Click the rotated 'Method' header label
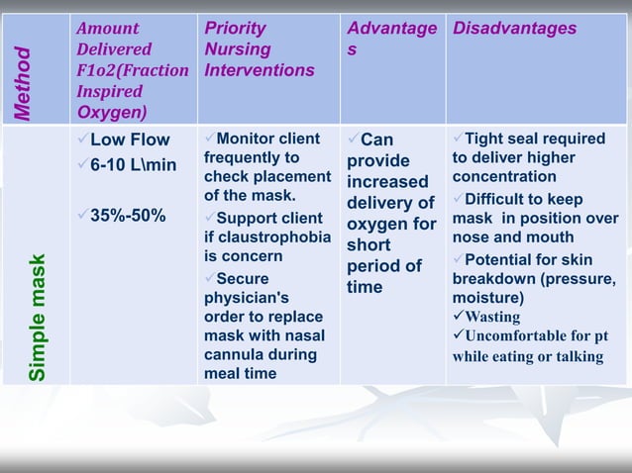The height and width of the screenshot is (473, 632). pos(36,83)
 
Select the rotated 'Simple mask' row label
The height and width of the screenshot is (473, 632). pos(36,318)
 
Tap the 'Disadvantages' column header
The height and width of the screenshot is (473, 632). pos(514,29)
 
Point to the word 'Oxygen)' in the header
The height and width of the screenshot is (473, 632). pos(111,112)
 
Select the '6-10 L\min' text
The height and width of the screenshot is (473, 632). pos(134,165)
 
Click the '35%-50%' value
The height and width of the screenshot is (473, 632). pos(128,217)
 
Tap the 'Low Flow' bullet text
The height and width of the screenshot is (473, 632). pos(130,140)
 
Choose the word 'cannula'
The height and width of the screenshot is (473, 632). pos(233,354)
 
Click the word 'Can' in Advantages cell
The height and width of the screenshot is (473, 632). pos(377,140)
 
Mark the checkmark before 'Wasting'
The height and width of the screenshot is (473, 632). pos(458,318)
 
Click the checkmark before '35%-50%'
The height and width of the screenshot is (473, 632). pos(83,217)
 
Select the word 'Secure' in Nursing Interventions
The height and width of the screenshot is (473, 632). pos(242,279)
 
